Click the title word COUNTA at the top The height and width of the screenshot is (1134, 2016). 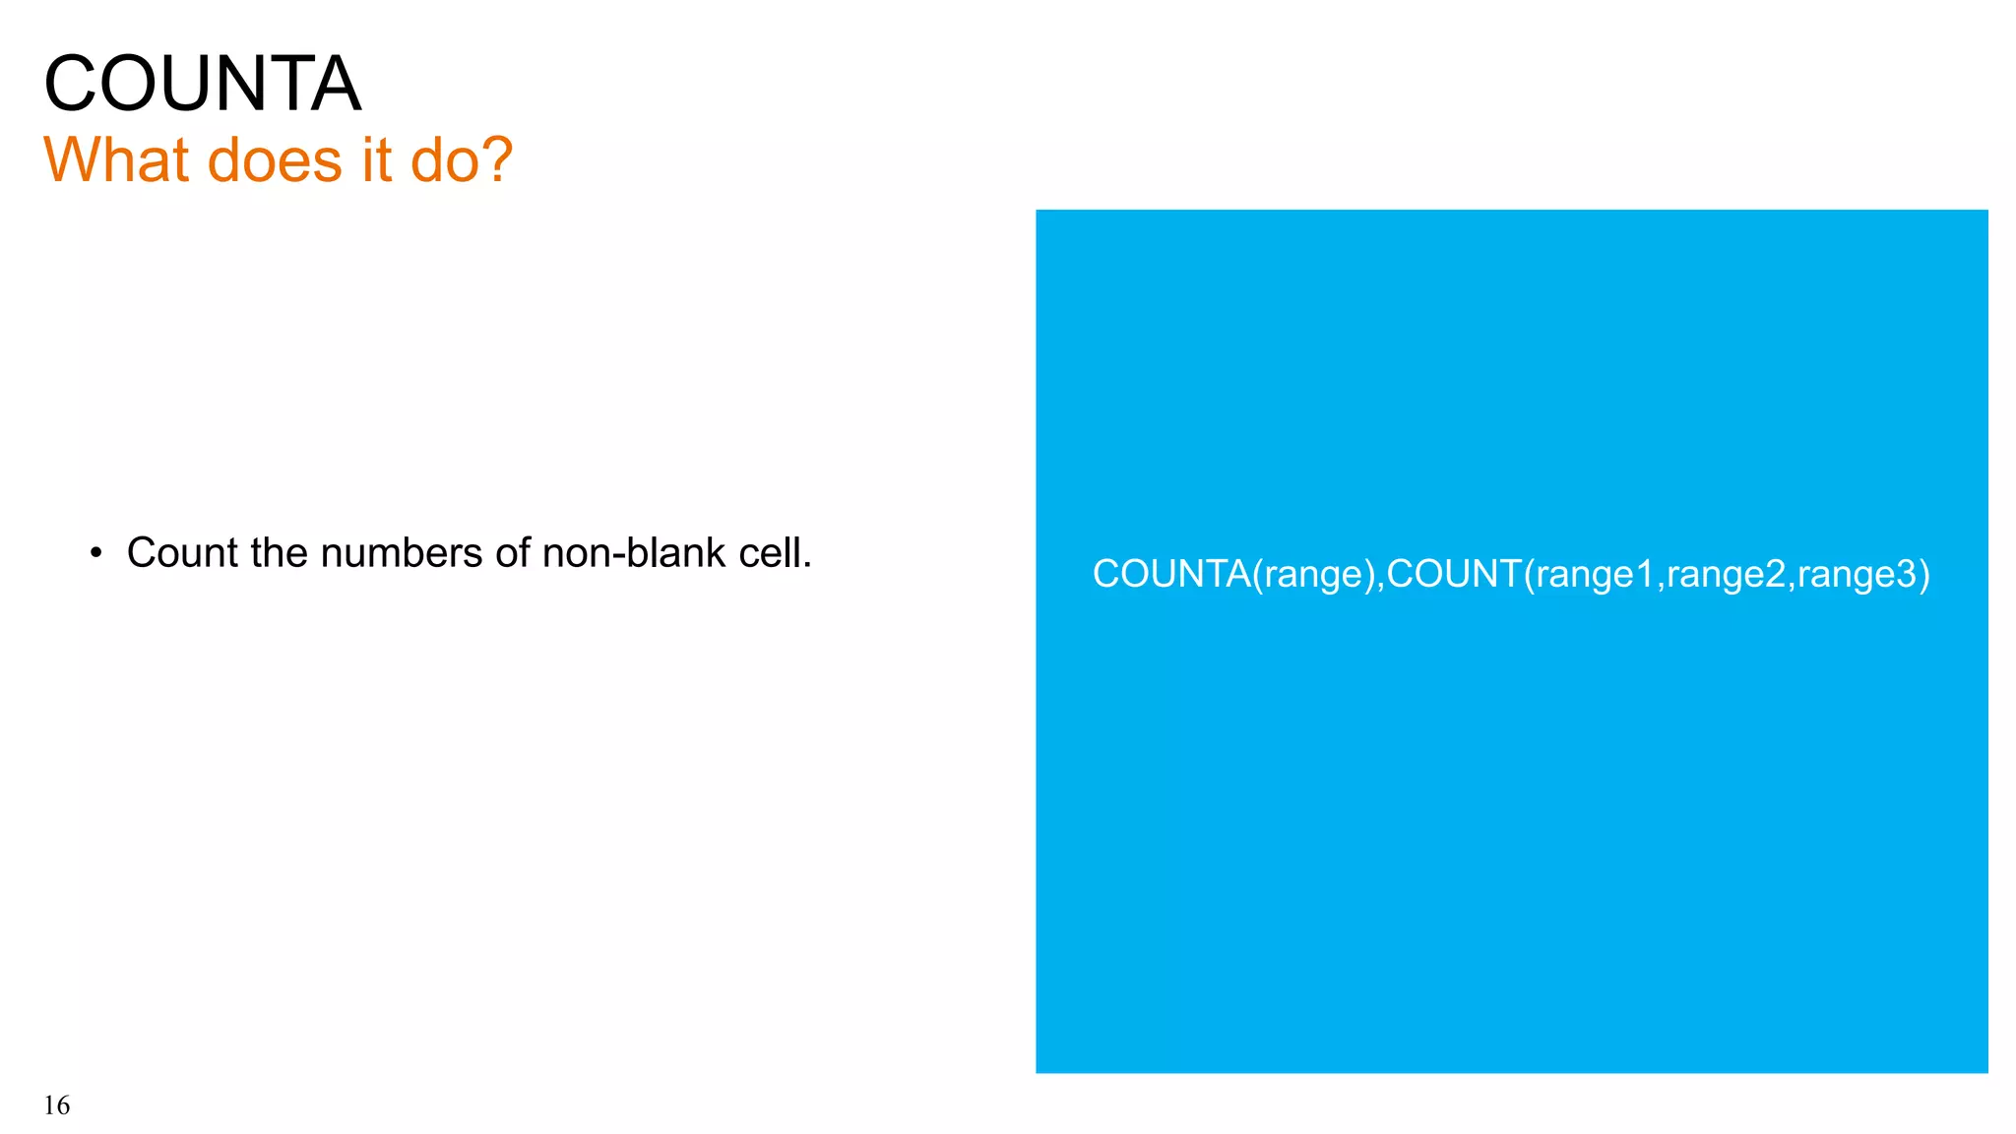click(x=202, y=85)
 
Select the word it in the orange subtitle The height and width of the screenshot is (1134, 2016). click(x=376, y=159)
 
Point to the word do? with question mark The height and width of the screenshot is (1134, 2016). click(x=462, y=159)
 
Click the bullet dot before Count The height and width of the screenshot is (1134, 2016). click(x=95, y=553)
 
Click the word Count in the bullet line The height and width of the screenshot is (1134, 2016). click(x=182, y=553)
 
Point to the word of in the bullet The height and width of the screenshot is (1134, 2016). click(x=513, y=553)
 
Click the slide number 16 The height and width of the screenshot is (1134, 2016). click(x=57, y=1106)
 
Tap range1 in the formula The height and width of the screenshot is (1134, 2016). click(x=1595, y=574)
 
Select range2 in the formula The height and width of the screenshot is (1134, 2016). click(x=1726, y=574)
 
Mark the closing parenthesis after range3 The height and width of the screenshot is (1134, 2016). click(x=1924, y=574)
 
